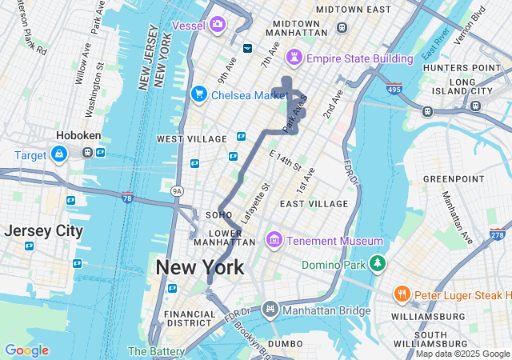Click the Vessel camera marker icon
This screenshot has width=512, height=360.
(x=218, y=26)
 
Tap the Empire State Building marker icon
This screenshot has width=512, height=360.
(x=295, y=58)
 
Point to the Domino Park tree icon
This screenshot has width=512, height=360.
(x=377, y=264)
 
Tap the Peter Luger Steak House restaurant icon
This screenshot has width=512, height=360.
(x=402, y=295)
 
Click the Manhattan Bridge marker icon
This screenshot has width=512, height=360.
(x=270, y=308)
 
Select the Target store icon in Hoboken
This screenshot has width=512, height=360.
(x=59, y=154)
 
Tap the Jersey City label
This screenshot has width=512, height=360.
(x=43, y=231)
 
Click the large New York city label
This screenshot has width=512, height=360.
(x=200, y=267)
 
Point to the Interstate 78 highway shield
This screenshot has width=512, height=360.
(x=127, y=198)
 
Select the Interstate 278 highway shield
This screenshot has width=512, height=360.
(x=497, y=235)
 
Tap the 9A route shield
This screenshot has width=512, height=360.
(x=177, y=191)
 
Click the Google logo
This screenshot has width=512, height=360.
(x=26, y=350)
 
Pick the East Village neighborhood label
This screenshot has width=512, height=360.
(x=314, y=204)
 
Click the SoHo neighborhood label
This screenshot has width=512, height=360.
(x=218, y=215)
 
